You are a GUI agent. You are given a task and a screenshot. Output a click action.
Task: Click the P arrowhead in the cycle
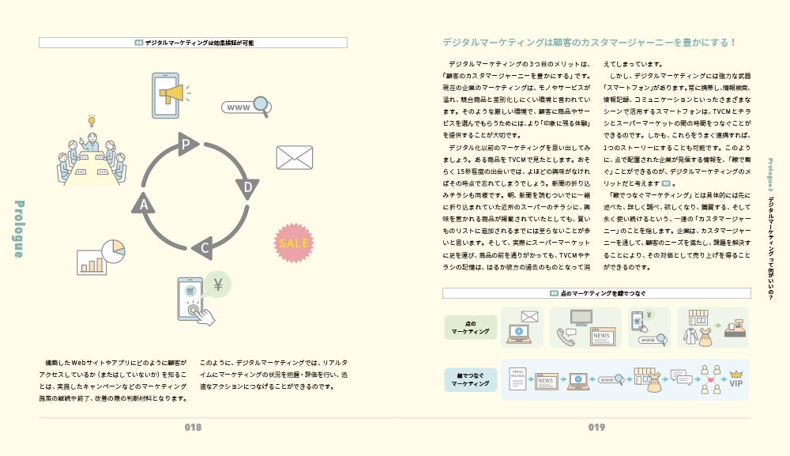click(x=187, y=144)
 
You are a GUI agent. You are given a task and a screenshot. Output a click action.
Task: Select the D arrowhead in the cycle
click(x=247, y=188)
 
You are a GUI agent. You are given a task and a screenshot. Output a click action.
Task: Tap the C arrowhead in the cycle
click(x=204, y=247)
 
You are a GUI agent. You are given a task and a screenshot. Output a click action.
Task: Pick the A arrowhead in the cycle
click(x=144, y=204)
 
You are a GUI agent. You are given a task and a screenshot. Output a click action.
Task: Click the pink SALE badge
click(x=294, y=243)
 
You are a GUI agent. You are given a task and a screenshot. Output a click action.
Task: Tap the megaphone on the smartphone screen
click(x=171, y=94)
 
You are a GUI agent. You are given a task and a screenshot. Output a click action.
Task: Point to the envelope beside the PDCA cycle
click(x=294, y=157)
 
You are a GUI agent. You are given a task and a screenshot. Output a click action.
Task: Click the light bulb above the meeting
click(x=92, y=121)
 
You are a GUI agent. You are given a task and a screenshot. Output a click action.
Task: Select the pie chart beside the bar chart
click(x=114, y=251)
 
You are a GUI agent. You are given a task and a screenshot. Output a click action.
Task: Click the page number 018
click(x=193, y=428)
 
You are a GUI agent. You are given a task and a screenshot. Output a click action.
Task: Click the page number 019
click(x=596, y=428)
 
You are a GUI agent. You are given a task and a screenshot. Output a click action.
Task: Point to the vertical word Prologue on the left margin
click(x=19, y=228)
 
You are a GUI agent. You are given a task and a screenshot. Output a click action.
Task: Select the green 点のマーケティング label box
click(x=471, y=327)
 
